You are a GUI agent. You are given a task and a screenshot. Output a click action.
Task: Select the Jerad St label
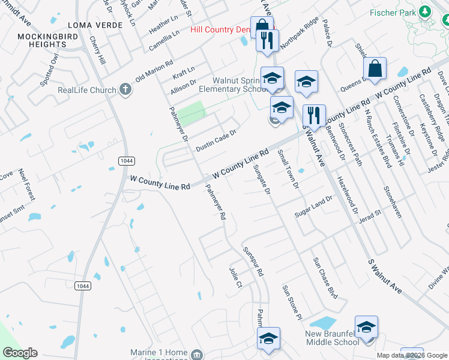[x=370, y=214]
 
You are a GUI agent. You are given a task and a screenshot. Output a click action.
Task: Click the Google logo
[x=19, y=353]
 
